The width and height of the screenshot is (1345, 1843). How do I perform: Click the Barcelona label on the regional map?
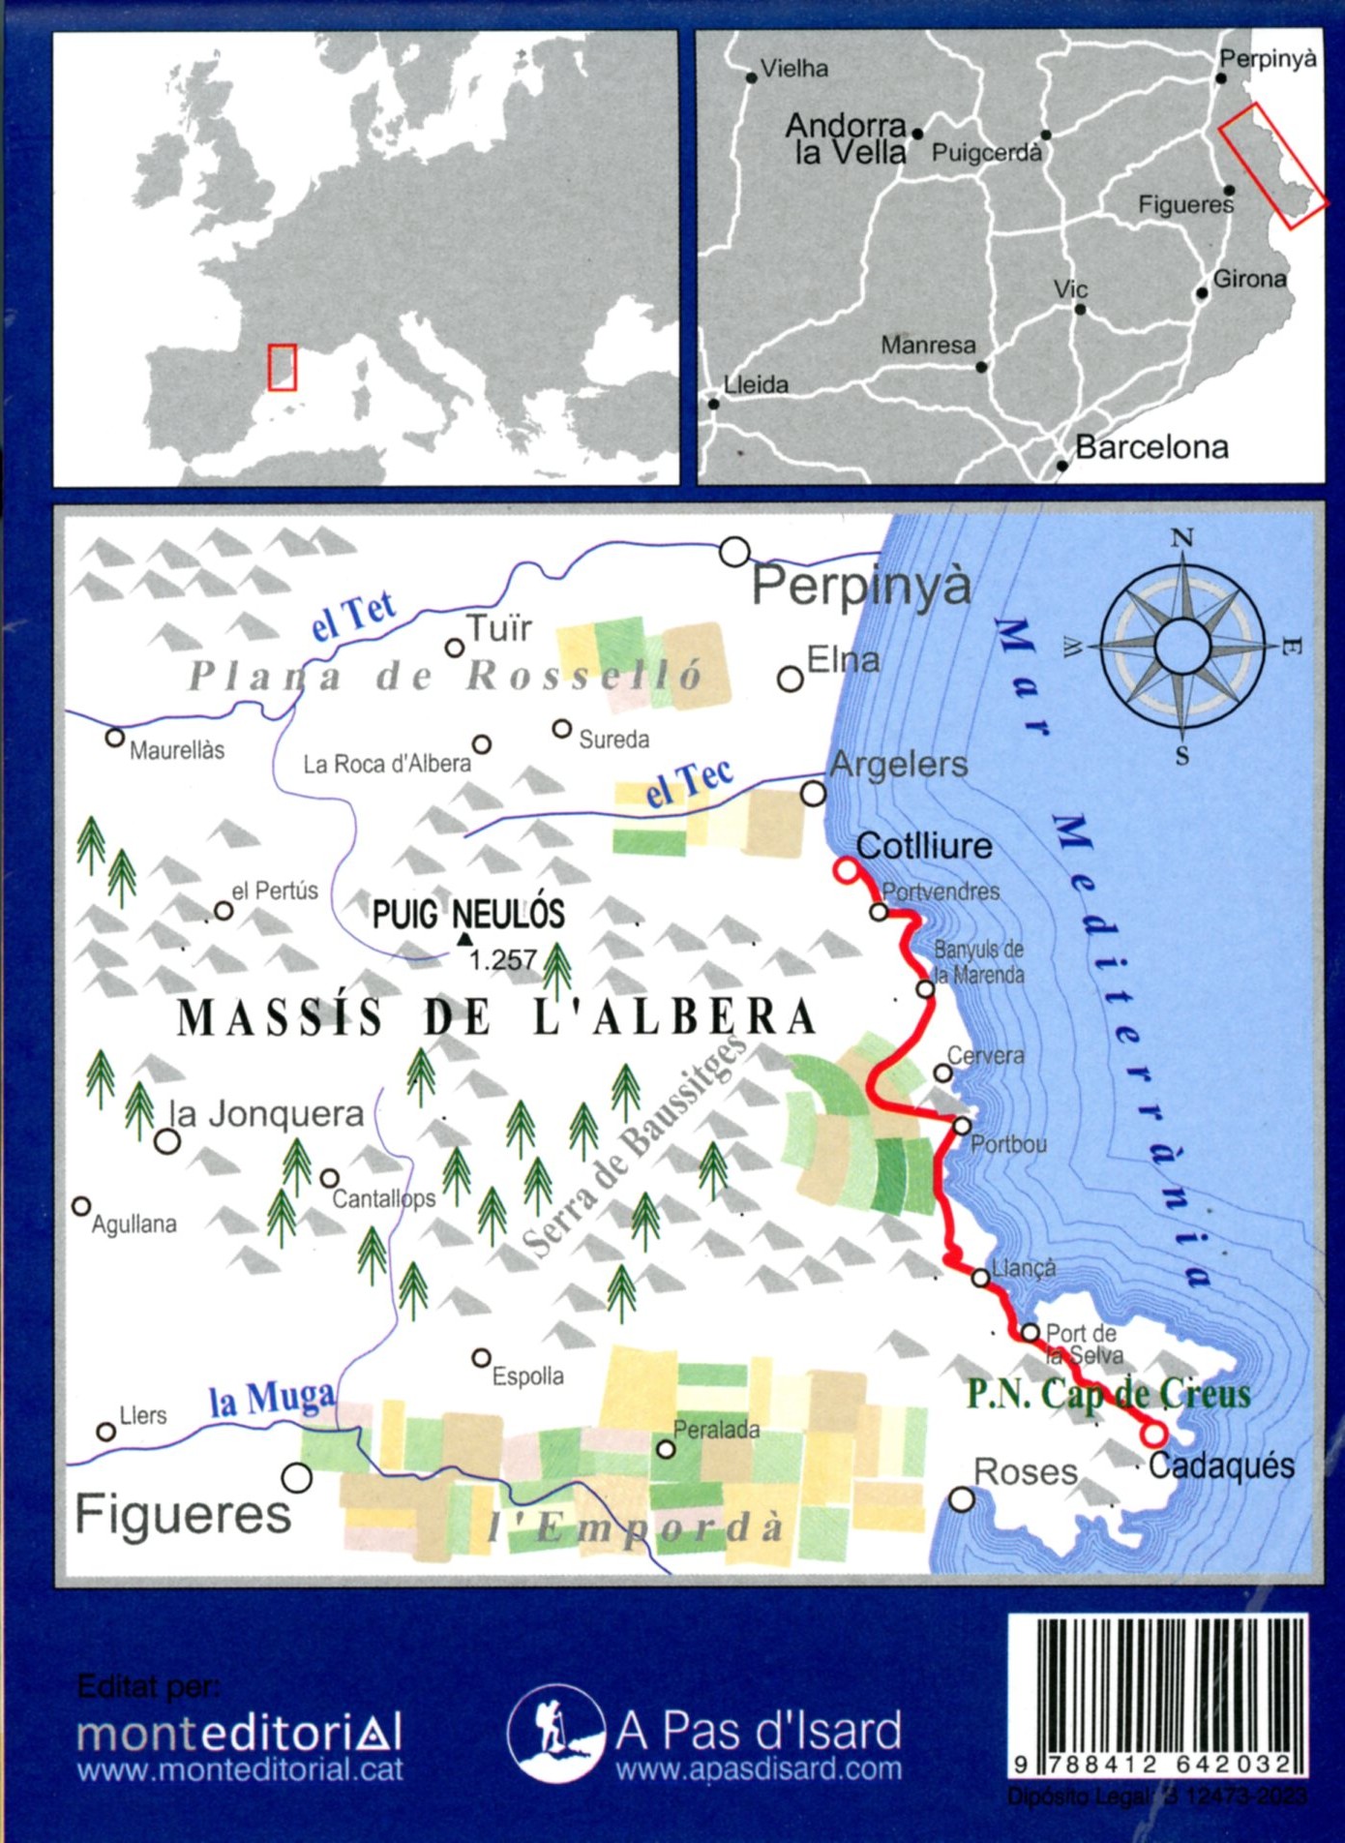pos(1151,447)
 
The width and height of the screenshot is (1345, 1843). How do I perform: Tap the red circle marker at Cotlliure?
pos(847,870)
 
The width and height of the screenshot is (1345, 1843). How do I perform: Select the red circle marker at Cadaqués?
pos(1153,1434)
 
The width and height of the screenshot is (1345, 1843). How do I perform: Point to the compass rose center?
pos(1181,646)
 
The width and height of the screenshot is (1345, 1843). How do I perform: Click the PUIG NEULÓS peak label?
pos(468,914)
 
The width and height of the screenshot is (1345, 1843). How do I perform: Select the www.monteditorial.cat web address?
pos(240,1770)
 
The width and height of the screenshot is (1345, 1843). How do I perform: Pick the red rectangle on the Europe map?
pos(282,368)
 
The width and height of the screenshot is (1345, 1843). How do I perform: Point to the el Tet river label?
pos(354,616)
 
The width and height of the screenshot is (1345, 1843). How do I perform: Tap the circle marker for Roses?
pos(961,1499)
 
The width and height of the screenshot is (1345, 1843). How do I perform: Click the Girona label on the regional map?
pos(1249,280)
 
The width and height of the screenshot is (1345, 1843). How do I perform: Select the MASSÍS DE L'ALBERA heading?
pos(496,1017)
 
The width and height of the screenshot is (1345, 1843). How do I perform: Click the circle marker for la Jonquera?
pos(167,1142)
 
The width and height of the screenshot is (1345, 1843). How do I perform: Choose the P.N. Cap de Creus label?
pos(1109,1394)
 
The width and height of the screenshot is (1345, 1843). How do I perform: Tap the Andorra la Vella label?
pos(848,138)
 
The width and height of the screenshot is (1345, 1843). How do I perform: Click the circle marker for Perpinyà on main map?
pos(735,552)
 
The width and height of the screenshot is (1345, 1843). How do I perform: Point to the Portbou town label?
pos(1008,1144)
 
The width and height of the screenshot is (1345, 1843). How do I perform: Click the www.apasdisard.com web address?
pos(759,1769)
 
